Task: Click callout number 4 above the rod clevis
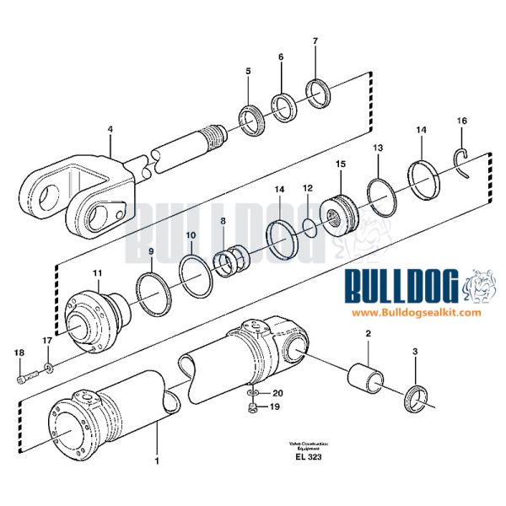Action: [109, 129]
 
